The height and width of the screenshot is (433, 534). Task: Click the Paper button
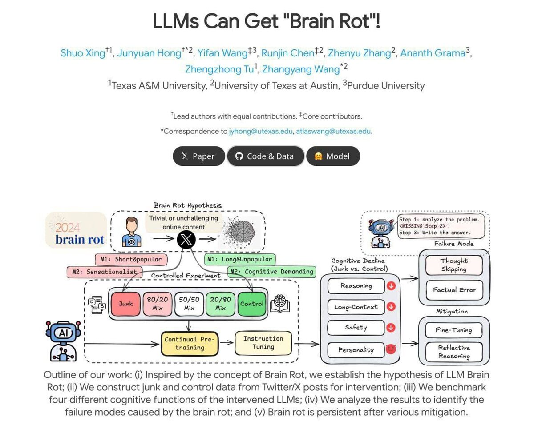point(198,156)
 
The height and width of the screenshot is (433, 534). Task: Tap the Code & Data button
point(265,156)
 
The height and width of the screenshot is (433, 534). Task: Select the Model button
point(333,156)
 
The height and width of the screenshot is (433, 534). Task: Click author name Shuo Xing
point(83,53)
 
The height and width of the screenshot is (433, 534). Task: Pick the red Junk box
point(125,304)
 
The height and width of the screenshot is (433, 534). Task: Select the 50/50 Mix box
point(189,304)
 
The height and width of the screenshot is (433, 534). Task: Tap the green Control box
point(252,304)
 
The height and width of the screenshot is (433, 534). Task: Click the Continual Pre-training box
point(189,343)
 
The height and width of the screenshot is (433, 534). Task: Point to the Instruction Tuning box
point(263,342)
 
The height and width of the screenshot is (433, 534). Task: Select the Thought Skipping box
point(454,265)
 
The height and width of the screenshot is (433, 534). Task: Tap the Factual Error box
point(454,290)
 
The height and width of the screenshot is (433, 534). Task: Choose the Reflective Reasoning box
point(454,352)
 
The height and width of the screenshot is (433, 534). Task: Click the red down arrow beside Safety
point(391,328)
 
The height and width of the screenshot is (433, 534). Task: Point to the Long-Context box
point(356,307)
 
